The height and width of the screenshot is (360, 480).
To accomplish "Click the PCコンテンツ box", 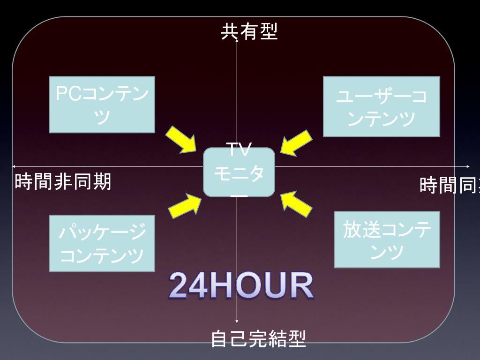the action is (x=102, y=105).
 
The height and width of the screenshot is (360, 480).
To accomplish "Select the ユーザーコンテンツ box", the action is (x=382, y=107).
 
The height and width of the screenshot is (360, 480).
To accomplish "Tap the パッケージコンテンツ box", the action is (x=102, y=243).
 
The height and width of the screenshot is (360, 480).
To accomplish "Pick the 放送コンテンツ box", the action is (x=387, y=240).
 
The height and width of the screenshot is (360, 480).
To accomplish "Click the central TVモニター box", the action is (x=239, y=172).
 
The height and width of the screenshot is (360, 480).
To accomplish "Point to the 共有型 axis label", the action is (x=249, y=32).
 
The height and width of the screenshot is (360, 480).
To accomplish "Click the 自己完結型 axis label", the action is (x=258, y=339).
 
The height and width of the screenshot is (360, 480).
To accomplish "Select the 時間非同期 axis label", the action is (x=63, y=182).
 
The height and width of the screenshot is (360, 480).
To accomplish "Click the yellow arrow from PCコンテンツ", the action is (x=182, y=139).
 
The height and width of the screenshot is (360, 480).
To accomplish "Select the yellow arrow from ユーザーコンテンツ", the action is (x=296, y=141).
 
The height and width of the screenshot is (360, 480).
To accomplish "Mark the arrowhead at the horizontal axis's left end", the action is (x=14, y=166).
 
